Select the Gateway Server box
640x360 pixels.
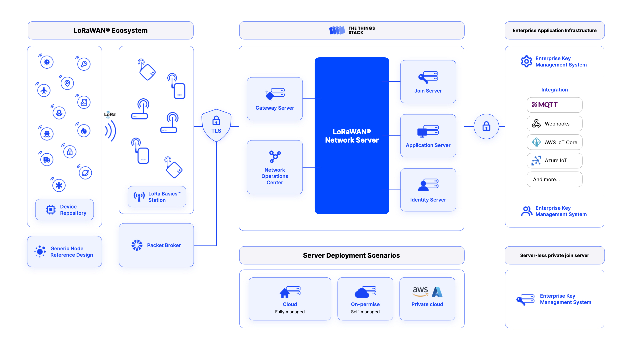(275, 99)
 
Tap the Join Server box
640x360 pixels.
(428, 82)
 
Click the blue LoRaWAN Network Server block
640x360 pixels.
(352, 136)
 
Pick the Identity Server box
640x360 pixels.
(428, 190)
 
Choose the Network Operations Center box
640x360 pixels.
(275, 167)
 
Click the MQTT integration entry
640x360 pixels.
(554, 105)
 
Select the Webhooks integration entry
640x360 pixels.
(554, 124)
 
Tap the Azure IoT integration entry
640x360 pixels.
(554, 161)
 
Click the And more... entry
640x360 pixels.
(554, 179)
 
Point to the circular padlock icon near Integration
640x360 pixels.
(486, 126)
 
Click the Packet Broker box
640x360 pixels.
(156, 245)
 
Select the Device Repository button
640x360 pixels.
(65, 210)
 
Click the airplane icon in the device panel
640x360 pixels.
(44, 90)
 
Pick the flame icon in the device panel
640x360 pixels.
(84, 131)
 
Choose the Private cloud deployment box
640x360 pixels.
(427, 299)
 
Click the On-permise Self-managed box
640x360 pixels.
(365, 299)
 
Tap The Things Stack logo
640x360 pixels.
(352, 30)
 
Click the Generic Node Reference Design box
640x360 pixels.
(65, 252)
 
